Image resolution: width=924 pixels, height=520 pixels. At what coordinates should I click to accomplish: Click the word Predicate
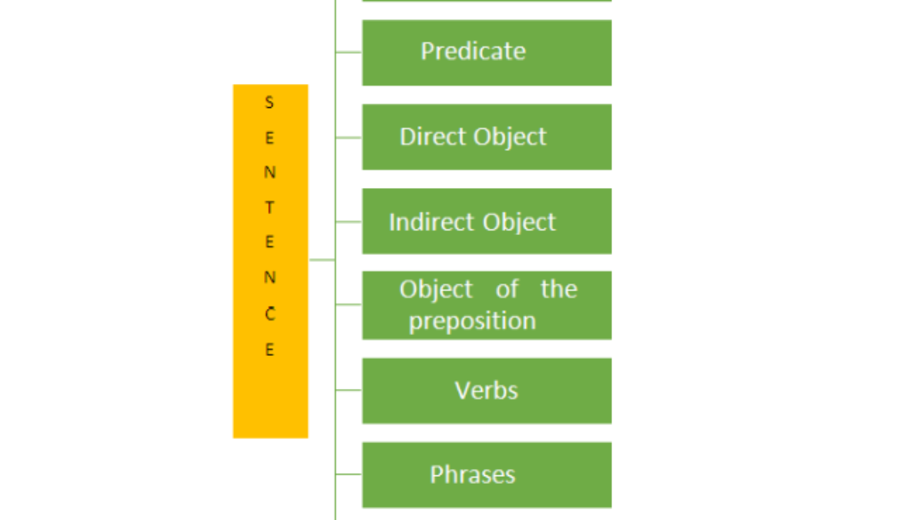473,52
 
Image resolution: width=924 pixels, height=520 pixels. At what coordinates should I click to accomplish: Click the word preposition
472,320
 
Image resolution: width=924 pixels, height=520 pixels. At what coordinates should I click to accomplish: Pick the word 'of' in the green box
507,290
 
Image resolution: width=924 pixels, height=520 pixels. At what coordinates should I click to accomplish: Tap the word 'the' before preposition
558,290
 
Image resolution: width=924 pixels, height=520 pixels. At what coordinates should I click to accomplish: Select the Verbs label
486,391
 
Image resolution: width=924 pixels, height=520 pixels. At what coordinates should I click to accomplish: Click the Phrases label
472,475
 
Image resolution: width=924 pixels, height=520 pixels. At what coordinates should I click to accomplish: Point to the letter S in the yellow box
269,102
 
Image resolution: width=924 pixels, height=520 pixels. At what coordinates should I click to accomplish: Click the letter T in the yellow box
269,208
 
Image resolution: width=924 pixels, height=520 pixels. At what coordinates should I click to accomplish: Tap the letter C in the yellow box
269,314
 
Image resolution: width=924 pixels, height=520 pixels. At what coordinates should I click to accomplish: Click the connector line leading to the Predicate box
349,52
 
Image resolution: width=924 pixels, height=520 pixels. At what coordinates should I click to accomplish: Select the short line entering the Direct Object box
349,138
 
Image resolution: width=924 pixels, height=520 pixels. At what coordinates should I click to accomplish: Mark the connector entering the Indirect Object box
349,222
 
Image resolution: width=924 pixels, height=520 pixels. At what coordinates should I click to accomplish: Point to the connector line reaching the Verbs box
349,390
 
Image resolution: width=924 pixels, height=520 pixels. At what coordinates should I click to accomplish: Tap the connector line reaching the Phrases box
349,474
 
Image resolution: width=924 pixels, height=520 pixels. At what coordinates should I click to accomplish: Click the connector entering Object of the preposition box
349,304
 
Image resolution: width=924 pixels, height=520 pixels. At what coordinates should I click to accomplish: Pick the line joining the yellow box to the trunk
322,260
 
